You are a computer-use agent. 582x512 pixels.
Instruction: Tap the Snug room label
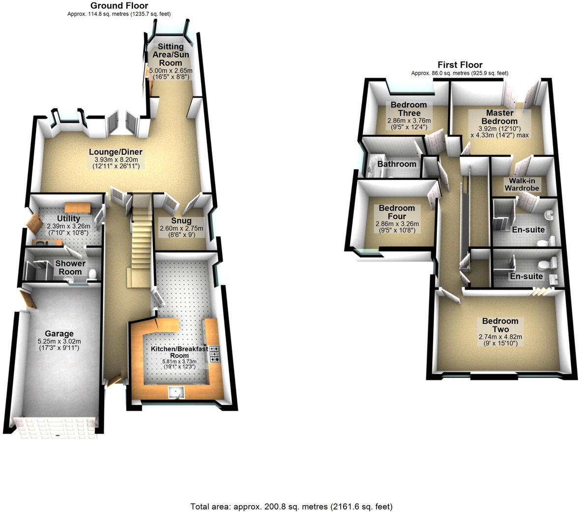click(x=181, y=221)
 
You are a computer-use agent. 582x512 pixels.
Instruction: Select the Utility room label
click(x=68, y=218)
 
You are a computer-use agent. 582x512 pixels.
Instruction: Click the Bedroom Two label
click(x=500, y=325)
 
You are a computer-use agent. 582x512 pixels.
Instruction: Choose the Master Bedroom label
click(x=499, y=117)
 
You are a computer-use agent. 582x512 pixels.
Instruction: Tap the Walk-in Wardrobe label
click(x=522, y=184)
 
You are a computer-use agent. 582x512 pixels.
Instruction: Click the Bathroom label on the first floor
click(x=397, y=164)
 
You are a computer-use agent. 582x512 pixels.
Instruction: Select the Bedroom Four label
click(x=396, y=212)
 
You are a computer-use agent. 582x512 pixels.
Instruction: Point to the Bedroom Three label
click(x=408, y=108)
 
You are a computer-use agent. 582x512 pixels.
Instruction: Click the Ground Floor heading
click(x=119, y=5)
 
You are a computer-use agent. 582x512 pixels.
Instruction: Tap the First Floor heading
click(x=460, y=65)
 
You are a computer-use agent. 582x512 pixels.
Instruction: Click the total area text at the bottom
click(x=291, y=506)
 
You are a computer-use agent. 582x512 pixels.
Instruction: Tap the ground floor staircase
click(x=140, y=236)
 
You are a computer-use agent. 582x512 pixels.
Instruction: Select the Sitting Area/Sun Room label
click(x=170, y=54)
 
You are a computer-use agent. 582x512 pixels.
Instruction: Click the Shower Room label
click(x=70, y=268)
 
